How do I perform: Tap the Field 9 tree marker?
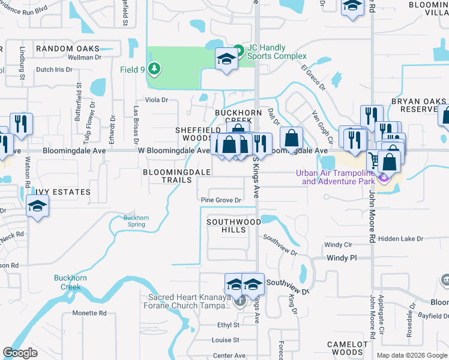click(x=155, y=69)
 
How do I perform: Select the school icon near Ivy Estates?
click(x=38, y=207)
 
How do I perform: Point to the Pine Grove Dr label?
click(x=221, y=200)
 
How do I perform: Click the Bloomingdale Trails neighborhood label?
click(x=176, y=176)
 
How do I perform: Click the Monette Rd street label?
click(x=89, y=313)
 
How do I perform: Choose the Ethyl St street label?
click(x=228, y=325)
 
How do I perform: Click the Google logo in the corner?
click(x=20, y=353)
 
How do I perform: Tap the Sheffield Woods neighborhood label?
click(x=194, y=134)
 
